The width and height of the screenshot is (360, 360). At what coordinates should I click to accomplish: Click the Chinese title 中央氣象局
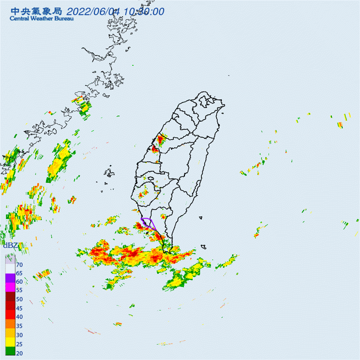(35, 11)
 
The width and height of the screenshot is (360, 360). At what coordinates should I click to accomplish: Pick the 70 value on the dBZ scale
(19, 265)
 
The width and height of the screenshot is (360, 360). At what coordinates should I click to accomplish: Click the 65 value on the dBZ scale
(19, 273)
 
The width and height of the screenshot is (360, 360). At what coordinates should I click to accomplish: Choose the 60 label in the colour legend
(19, 282)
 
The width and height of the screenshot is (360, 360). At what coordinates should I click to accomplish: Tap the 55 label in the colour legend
(19, 290)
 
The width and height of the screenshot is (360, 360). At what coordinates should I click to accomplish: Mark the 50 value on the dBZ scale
(19, 299)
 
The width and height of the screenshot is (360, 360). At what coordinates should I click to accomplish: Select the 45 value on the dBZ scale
(19, 308)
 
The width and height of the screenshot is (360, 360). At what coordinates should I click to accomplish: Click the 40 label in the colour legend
(19, 317)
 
